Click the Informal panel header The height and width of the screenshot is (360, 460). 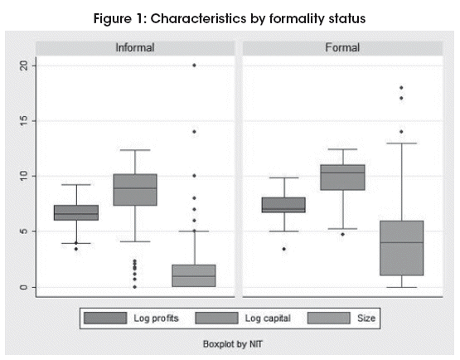[135, 47]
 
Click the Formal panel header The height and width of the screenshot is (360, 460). [342, 47]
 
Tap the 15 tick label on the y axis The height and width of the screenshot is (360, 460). [25, 120]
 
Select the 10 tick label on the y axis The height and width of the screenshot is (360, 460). [25, 176]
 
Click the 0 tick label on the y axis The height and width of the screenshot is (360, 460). [25, 287]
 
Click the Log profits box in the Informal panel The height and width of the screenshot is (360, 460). [76, 212]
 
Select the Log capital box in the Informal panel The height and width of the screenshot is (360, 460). [135, 190]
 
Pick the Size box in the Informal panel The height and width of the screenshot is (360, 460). [194, 275]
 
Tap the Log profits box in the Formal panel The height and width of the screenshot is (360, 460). [283, 205]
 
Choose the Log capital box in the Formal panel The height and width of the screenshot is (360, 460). [342, 178]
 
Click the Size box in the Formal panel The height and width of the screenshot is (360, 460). [402, 248]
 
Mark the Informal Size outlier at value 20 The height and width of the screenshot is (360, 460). [194, 66]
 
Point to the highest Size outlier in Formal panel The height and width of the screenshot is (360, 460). [401, 87]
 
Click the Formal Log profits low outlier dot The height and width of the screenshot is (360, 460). [284, 249]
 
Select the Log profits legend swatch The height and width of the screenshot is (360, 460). [105, 318]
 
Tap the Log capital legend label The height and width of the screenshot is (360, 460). [268, 319]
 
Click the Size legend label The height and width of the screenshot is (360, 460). [366, 318]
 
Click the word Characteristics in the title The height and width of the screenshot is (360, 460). [199, 19]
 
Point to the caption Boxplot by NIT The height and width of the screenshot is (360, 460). [233, 344]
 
